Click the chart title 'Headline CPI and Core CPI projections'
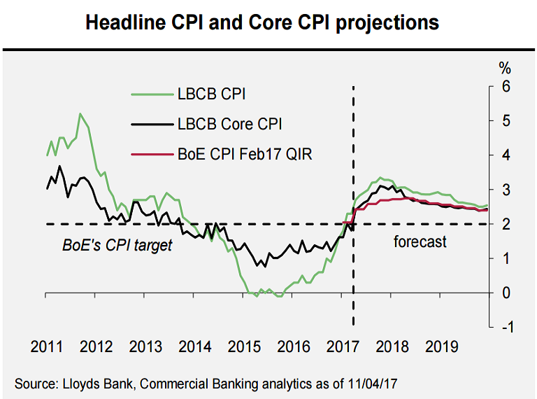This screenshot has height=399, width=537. [262, 22]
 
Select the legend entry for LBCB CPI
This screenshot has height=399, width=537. [212, 94]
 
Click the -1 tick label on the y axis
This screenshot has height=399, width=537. [503, 327]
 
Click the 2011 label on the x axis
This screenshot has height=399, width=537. [47, 346]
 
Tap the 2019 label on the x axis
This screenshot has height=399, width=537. [442, 346]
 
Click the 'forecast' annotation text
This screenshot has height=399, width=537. [420, 242]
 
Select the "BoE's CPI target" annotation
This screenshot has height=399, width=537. [117, 245]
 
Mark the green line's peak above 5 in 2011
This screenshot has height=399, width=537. [80, 113]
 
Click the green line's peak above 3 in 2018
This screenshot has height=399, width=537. [380, 178]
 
